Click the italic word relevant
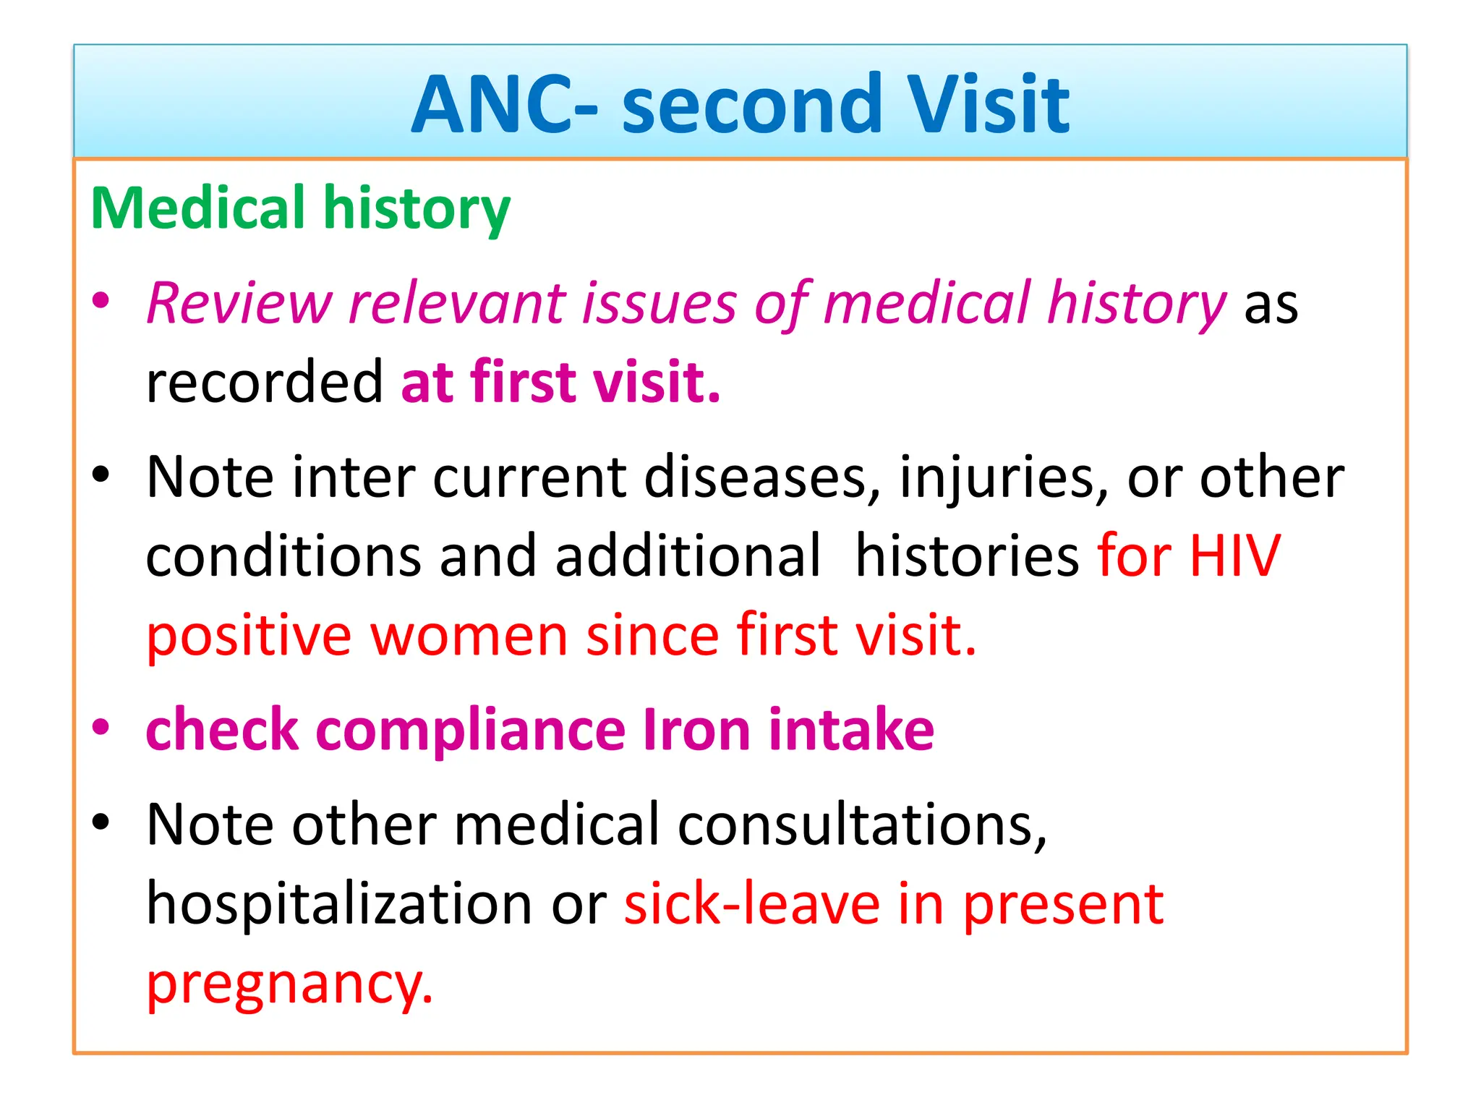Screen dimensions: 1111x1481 456,304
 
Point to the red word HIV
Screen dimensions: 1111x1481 1234,556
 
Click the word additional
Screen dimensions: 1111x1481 688,556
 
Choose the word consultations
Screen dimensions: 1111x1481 861,825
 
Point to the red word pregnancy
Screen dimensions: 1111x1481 289,985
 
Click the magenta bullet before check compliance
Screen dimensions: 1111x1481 101,728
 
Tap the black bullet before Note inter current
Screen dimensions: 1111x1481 101,475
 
